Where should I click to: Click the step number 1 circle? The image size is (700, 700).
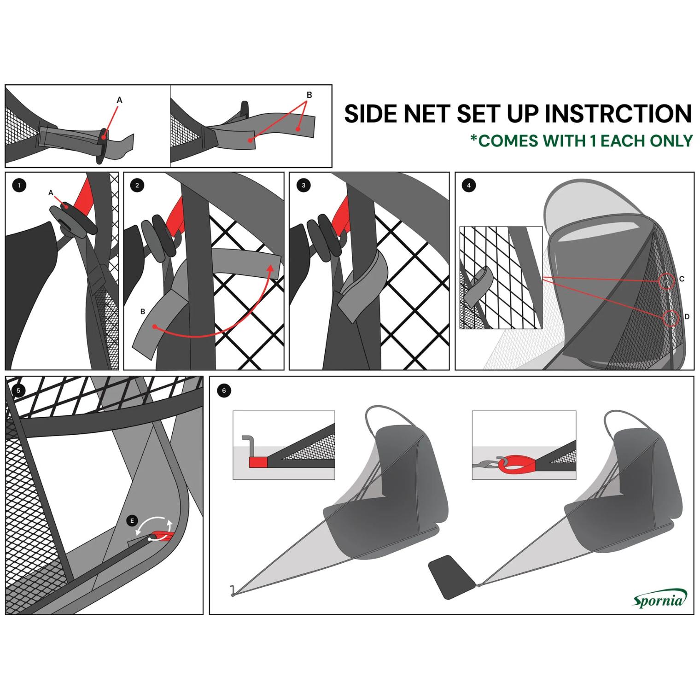19,186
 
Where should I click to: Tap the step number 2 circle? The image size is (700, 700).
137,186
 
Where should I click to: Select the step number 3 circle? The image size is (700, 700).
303,186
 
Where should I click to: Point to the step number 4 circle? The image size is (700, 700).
469,186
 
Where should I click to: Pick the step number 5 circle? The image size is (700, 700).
18,391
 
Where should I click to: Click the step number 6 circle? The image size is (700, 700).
224,391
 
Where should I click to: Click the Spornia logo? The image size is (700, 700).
659,599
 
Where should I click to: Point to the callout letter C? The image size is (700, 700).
682,279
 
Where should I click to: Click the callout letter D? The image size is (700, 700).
687,317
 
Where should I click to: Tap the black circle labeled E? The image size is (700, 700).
132,521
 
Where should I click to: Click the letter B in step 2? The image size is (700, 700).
143,311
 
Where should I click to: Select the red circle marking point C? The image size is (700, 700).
665,280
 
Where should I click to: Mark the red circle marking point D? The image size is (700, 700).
671,318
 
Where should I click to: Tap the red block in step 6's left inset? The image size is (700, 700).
258,462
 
